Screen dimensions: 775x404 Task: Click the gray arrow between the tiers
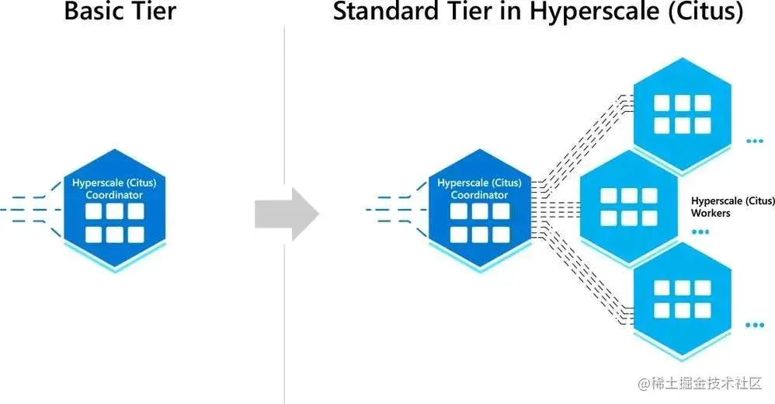(286, 213)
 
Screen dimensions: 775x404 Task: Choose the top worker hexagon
(682, 113)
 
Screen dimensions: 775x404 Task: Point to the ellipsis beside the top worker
(754, 141)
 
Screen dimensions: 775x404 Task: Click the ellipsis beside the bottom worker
(754, 326)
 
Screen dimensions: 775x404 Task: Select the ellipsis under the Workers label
(700, 232)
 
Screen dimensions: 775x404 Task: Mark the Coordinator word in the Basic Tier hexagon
(114, 194)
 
